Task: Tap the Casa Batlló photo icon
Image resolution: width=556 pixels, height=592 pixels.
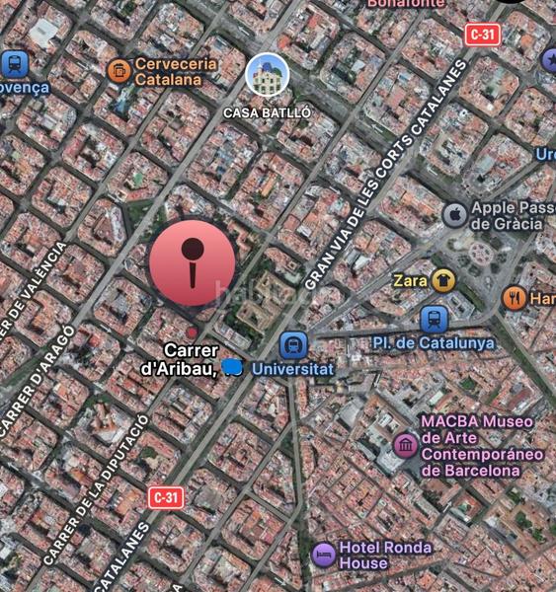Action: coord(267,75)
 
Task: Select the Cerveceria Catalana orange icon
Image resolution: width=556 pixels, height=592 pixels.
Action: coord(119,70)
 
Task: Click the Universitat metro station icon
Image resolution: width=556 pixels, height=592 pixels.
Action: coord(292,345)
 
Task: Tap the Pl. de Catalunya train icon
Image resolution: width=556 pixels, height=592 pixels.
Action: coord(434,319)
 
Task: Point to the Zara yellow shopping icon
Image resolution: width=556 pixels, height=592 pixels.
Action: coord(442,280)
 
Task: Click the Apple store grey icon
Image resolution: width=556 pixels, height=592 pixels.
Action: coord(453,215)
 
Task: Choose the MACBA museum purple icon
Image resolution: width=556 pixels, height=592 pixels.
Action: coord(405,446)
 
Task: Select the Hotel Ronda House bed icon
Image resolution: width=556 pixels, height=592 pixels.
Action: coord(323,555)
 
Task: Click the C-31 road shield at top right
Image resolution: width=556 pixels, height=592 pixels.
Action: coord(483,35)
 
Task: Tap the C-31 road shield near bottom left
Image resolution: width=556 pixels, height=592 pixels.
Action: coord(167,496)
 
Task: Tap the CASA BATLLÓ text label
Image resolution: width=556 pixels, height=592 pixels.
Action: coord(267,112)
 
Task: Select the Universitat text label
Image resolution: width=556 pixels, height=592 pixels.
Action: coord(293,369)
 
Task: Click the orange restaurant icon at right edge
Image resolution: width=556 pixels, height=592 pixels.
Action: coord(514,297)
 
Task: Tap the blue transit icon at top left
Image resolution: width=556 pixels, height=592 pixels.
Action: coord(14,64)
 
